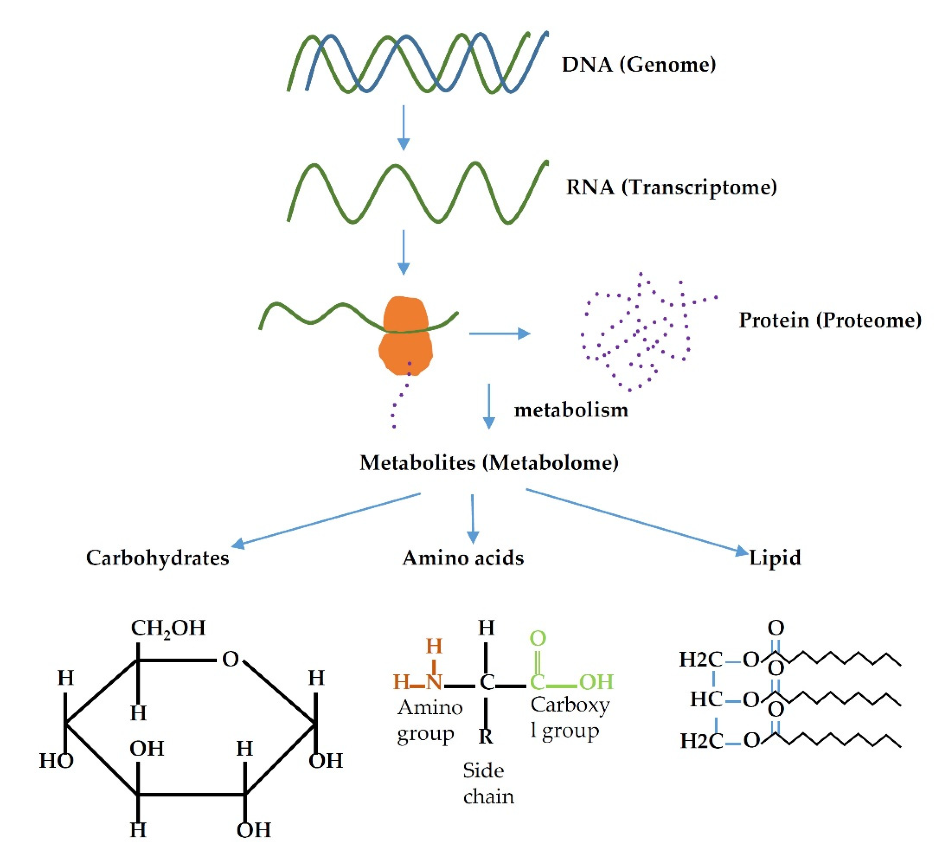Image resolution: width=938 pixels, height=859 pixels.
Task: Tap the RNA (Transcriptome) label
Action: pyautogui.click(x=671, y=187)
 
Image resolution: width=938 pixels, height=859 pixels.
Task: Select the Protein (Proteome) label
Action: pyautogui.click(x=830, y=320)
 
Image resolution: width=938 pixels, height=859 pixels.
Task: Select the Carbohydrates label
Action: pyautogui.click(x=157, y=558)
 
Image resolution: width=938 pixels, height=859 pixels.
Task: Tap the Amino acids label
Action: pyautogui.click(x=463, y=558)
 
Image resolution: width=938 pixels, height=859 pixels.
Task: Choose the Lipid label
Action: pyautogui.click(x=775, y=558)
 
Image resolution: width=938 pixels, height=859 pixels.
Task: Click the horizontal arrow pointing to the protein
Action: pyautogui.click(x=499, y=333)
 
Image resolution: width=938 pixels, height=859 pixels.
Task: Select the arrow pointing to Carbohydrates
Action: pyautogui.click(x=326, y=520)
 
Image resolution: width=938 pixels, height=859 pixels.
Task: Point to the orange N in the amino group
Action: pyautogui.click(x=433, y=682)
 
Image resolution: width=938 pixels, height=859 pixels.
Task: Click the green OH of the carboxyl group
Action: pyautogui.click(x=596, y=682)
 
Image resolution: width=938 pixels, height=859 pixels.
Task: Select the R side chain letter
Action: pyautogui.click(x=486, y=736)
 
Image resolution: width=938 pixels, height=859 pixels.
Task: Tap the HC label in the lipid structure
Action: pyautogui.click(x=706, y=699)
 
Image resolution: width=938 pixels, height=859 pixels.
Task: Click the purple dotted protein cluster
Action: pyautogui.click(x=642, y=335)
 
